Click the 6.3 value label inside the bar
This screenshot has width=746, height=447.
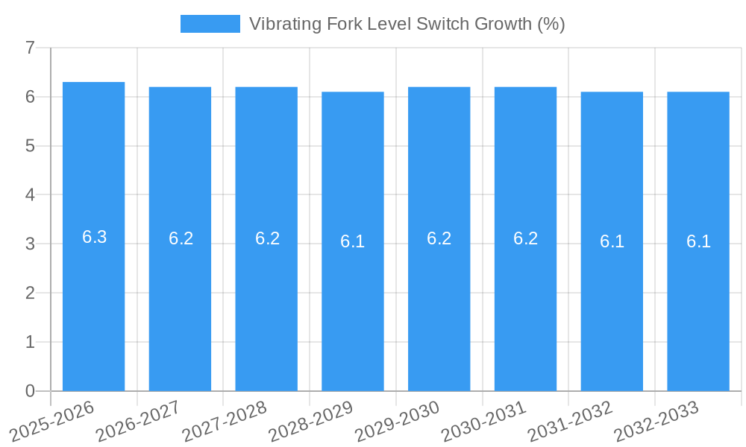pos(94,237)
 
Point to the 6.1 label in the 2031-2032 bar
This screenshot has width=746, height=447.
pos(612,241)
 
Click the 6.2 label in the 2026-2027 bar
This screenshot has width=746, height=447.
pos(181,238)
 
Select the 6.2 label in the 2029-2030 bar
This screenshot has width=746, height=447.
pos(439,238)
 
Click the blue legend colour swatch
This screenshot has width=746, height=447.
pos(210,24)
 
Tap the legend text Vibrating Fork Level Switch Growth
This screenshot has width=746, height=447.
pos(407,24)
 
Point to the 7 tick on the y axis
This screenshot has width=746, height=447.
pos(31,48)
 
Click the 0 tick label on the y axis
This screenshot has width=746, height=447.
pos(31,391)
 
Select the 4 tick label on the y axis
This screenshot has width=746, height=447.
pos(31,195)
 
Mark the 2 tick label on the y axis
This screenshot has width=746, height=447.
pos(31,293)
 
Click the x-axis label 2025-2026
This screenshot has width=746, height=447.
pos(53,421)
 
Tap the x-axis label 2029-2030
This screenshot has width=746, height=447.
pos(398,421)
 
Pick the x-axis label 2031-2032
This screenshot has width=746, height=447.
pos(571,421)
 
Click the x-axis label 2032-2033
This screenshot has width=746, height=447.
pos(656,421)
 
